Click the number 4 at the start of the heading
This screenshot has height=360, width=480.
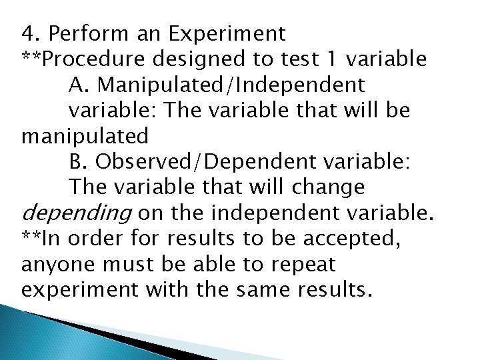click(x=26, y=33)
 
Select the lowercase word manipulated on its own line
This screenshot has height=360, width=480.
click(x=85, y=137)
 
